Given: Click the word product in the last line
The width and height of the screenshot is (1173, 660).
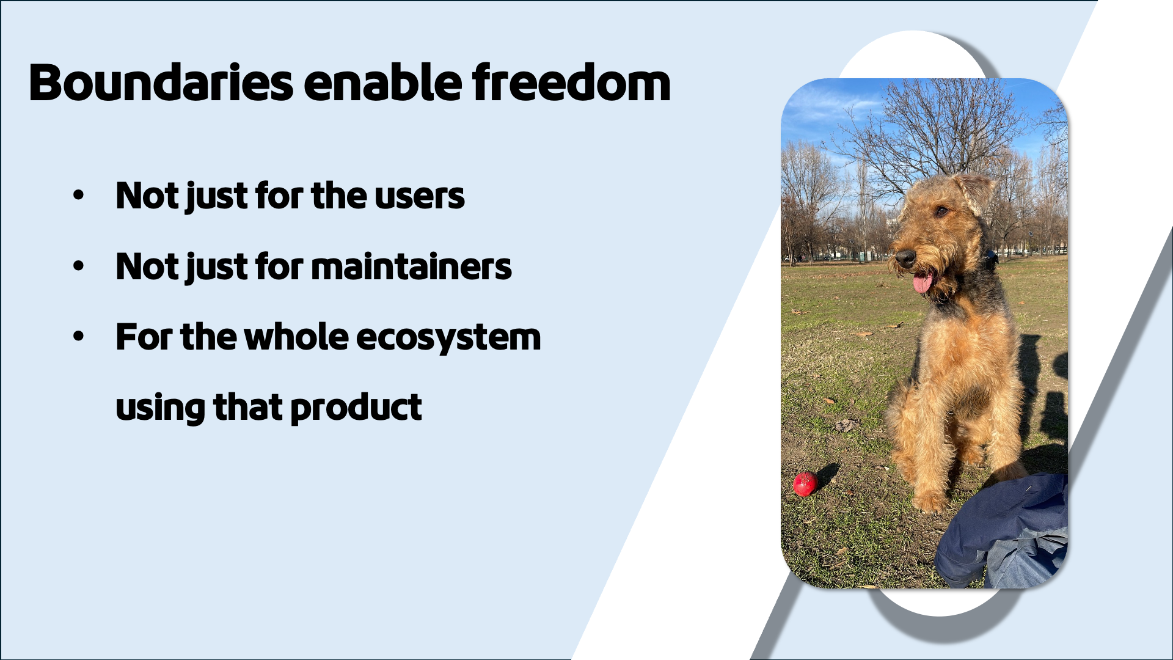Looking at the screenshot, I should click(x=356, y=408).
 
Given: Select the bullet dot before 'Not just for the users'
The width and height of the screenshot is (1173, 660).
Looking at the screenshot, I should click(x=78, y=196).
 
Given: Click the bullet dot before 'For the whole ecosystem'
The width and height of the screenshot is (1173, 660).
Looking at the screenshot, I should click(x=78, y=337).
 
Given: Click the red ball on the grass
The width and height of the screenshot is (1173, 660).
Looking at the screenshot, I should click(x=805, y=484).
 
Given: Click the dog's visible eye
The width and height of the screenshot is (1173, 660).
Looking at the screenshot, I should click(x=941, y=211).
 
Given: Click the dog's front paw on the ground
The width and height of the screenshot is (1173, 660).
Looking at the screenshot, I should click(x=929, y=502).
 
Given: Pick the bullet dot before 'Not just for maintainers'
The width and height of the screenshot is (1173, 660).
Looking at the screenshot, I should click(x=78, y=267).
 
